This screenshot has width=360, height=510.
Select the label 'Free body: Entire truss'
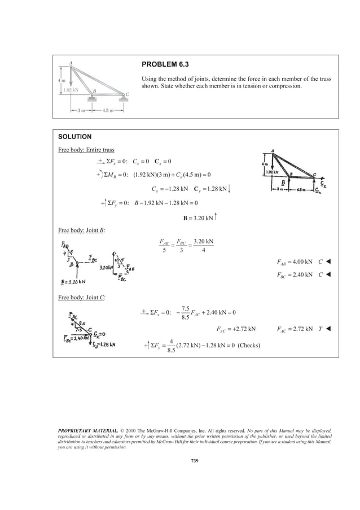click(86, 150)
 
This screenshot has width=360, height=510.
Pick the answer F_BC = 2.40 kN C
click(300, 275)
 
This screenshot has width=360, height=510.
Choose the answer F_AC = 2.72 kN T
click(300, 328)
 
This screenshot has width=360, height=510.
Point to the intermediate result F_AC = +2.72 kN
click(236, 328)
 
